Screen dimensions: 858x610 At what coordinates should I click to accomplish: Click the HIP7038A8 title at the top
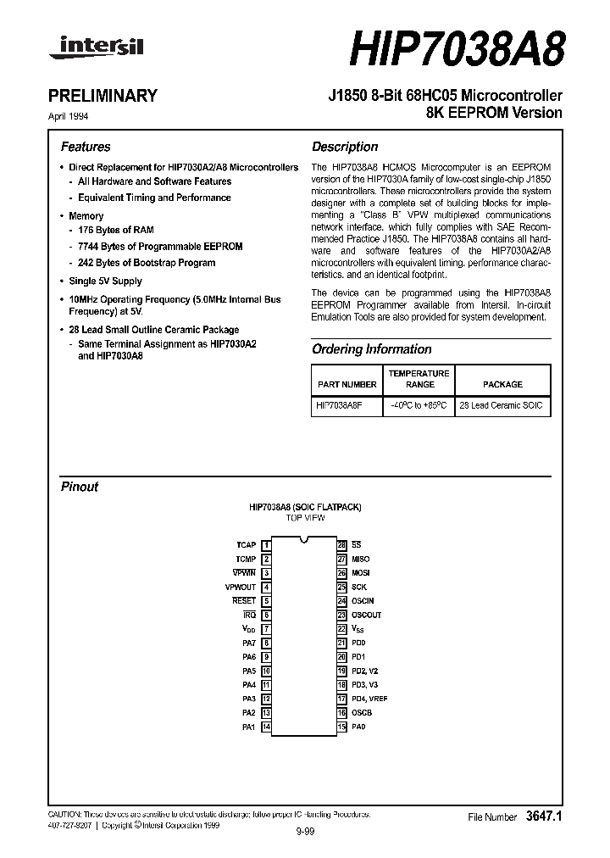(457, 47)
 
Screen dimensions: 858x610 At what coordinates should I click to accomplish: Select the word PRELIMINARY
(109, 96)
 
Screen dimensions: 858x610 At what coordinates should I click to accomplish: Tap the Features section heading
(86, 147)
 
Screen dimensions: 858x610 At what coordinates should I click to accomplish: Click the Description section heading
(345, 147)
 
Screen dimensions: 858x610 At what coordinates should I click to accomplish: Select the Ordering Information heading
(371, 349)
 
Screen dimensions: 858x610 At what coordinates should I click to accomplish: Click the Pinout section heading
(80, 487)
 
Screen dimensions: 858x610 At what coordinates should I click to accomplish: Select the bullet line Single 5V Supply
(105, 281)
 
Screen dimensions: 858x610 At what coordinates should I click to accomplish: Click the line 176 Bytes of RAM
(116, 230)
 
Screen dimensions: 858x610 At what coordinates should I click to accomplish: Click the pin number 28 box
(342, 545)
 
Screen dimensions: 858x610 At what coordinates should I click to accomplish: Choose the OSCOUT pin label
(367, 615)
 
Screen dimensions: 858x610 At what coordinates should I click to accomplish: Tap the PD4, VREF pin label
(369, 699)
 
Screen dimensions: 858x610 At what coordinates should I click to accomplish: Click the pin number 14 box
(266, 727)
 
